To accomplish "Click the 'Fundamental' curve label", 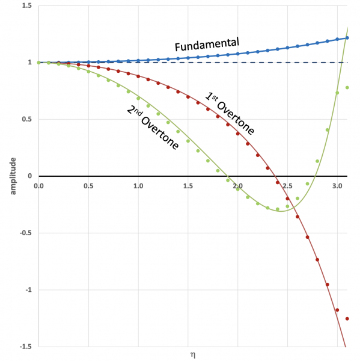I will click(x=207, y=45).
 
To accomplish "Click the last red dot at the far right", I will click(x=347, y=319).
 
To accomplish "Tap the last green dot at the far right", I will click(x=347, y=88).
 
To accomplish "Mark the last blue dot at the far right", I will click(x=347, y=38).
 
